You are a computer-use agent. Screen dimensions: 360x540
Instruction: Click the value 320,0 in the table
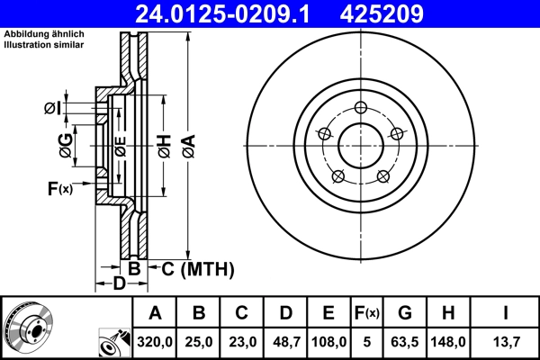(156, 342)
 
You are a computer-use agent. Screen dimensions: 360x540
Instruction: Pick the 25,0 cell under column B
(199, 342)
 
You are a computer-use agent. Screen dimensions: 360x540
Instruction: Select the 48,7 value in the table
(285, 342)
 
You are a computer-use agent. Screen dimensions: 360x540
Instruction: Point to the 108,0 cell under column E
(328, 342)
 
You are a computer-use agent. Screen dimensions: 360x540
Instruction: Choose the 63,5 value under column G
(405, 342)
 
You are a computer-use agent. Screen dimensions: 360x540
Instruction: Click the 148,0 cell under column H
(453, 342)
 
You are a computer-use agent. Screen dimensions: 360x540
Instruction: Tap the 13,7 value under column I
(506, 342)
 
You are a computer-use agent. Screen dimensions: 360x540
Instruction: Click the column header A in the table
(156, 313)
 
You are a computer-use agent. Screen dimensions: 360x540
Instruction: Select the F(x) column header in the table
(366, 313)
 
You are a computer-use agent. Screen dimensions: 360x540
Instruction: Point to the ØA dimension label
(187, 143)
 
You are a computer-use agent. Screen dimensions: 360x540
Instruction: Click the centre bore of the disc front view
(359, 144)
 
